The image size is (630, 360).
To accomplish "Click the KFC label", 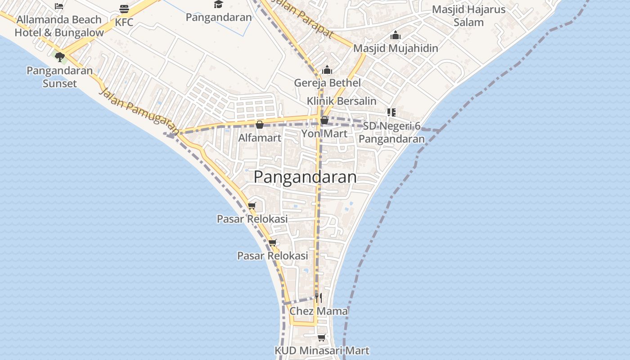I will (x=124, y=22).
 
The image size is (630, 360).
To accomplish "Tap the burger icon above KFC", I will (x=124, y=9).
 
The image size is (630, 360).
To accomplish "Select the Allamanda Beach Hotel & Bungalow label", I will (x=59, y=26).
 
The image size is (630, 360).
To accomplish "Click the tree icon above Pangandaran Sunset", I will (x=60, y=57).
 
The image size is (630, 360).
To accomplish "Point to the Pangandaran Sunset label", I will (x=59, y=77).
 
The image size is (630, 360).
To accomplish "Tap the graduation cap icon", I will (x=218, y=4).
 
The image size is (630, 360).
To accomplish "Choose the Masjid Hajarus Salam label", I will (x=468, y=16).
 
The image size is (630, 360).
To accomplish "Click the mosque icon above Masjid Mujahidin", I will (x=396, y=35).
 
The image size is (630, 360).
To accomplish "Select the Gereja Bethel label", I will (x=327, y=83).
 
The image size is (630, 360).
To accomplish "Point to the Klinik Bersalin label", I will (x=342, y=101).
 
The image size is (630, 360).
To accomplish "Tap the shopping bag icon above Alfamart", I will (x=260, y=125).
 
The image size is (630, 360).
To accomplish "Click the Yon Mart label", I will (x=324, y=133).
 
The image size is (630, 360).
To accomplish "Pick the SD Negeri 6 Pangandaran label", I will (x=391, y=132).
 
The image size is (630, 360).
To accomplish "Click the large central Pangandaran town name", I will (x=305, y=177).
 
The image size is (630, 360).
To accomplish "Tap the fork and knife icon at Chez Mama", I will (x=318, y=297).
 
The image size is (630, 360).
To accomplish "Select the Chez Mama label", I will (x=319, y=311).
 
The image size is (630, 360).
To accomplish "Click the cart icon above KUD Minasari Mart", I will (x=321, y=337).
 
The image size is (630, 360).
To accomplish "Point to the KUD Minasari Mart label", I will (x=322, y=351).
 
